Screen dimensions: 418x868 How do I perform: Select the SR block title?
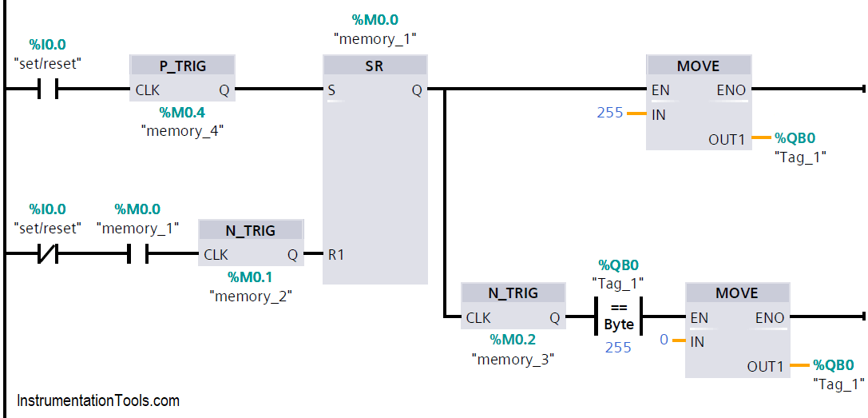pyautogui.click(x=375, y=66)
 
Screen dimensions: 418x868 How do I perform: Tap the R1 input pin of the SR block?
pyautogui.click(x=337, y=255)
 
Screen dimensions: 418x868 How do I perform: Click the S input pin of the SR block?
pyautogui.click(x=331, y=90)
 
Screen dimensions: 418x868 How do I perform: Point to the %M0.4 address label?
pyautogui.click(x=181, y=113)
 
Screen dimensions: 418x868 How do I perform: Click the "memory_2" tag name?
pyautogui.click(x=251, y=296)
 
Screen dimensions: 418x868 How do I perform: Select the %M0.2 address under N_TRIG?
pyautogui.click(x=512, y=340)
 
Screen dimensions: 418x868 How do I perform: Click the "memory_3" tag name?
pyautogui.click(x=512, y=359)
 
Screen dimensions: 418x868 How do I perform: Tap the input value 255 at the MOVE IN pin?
pyautogui.click(x=610, y=113)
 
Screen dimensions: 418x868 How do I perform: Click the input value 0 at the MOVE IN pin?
pyautogui.click(x=664, y=340)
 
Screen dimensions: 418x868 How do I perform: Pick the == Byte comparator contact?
pyautogui.click(x=619, y=316)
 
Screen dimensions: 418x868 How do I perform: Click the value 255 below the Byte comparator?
pyautogui.click(x=619, y=347)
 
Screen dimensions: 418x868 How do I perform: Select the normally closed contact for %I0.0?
pyautogui.click(x=48, y=255)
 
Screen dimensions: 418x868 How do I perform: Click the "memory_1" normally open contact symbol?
pyautogui.click(x=137, y=255)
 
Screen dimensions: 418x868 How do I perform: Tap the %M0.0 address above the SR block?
pyautogui.click(x=375, y=18)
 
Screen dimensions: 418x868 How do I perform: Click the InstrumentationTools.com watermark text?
pyautogui.click(x=98, y=400)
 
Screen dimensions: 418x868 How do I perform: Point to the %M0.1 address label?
pyautogui.click(x=250, y=277)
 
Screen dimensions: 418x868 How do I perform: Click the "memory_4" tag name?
pyautogui.click(x=181, y=131)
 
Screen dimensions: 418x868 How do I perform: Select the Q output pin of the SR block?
pyautogui.click(x=417, y=90)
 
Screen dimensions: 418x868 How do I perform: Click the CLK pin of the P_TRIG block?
pyautogui.click(x=148, y=90)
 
